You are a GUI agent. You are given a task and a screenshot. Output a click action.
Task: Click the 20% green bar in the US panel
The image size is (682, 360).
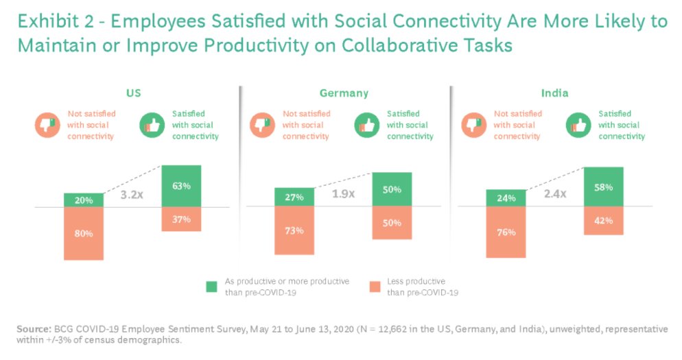tap(83, 200)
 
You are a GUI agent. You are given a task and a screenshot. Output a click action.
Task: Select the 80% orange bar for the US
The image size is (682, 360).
tap(83, 233)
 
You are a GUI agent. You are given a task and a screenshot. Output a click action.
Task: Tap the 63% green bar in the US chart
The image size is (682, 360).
tap(181, 186)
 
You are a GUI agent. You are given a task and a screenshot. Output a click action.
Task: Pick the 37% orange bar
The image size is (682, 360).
tap(181, 219)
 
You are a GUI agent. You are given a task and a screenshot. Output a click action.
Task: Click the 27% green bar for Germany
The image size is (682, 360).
tap(294, 197)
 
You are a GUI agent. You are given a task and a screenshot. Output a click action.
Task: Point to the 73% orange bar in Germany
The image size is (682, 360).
tap(294, 230)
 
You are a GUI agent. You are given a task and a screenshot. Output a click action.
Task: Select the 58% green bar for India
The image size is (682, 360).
tap(604, 187)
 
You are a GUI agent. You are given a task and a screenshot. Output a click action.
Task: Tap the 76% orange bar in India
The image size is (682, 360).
tap(506, 232)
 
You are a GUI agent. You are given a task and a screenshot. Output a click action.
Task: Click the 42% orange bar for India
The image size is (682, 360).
tap(604, 221)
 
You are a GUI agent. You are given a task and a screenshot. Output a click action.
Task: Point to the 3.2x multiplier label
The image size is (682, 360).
tap(132, 194)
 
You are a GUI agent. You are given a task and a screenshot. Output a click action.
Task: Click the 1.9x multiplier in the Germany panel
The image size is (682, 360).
tap(343, 194)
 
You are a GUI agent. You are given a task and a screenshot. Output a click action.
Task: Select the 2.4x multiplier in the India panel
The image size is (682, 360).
tap(554, 194)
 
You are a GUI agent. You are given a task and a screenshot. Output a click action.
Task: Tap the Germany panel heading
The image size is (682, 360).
tap(344, 93)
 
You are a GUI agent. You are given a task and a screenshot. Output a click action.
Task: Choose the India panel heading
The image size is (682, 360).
tap(554, 93)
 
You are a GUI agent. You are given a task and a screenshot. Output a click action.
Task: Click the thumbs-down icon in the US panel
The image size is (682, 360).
tap(47, 125)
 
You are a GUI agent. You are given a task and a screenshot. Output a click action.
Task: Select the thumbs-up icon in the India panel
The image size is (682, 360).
tap(578, 125)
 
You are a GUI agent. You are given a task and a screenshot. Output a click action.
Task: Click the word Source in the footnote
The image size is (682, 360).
tap(32, 329)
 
